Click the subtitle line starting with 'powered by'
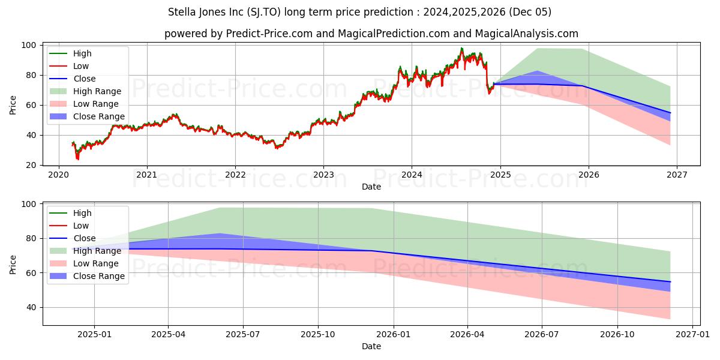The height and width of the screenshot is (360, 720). click(x=371, y=34)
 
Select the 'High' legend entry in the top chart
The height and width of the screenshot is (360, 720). click(x=83, y=53)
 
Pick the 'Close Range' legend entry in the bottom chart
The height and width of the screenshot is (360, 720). click(x=98, y=276)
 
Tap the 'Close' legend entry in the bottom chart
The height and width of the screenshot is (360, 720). click(x=84, y=238)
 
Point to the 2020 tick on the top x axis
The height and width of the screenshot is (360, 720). click(x=59, y=175)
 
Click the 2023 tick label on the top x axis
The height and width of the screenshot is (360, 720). click(x=323, y=175)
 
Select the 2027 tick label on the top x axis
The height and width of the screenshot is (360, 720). click(x=676, y=175)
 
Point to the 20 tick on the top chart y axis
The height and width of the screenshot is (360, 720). click(x=35, y=165)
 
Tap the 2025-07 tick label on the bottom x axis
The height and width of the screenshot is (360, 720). click(x=243, y=335)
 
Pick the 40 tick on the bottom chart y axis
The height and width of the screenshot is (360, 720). click(x=30, y=307)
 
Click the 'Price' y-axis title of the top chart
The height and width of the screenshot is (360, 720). click(x=13, y=105)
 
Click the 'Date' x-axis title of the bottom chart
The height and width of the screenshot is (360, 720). click(x=371, y=347)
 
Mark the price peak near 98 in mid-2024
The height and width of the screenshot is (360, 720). click(x=461, y=48)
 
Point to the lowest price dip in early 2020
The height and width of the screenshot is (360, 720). click(x=77, y=159)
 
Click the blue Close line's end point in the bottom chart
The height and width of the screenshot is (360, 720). click(x=670, y=281)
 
